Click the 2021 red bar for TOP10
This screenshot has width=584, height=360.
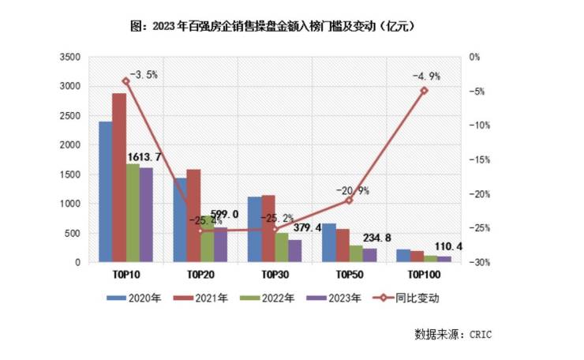click(118, 178)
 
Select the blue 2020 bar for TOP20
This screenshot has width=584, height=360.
click(180, 220)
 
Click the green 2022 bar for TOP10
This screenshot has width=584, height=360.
click(133, 213)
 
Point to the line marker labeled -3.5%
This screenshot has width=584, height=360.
click(125, 81)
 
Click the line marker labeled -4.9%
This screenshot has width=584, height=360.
click(424, 91)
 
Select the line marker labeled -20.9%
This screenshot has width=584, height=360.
click(349, 201)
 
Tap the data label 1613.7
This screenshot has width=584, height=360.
click(144, 157)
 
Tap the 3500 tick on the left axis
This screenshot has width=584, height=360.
click(70, 57)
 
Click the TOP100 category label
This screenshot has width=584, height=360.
click(423, 275)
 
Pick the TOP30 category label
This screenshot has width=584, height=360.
click(275, 275)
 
